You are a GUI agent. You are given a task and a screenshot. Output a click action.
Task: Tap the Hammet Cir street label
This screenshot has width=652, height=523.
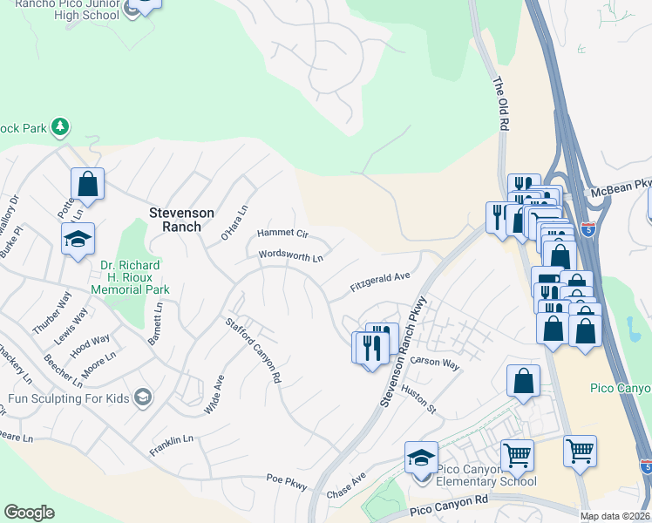tap(282, 234)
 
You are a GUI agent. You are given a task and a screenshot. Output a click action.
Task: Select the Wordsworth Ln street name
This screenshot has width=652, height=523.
tap(290, 256)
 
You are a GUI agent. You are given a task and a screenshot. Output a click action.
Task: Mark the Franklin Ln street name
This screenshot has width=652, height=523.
tap(171, 441)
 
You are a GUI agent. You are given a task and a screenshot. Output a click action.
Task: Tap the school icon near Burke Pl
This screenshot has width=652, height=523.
tap(78, 239)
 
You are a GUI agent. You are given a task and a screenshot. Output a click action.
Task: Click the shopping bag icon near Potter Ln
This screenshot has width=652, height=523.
tap(87, 183)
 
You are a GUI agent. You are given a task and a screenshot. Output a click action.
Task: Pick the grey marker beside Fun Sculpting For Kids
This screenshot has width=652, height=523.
tap(142, 397)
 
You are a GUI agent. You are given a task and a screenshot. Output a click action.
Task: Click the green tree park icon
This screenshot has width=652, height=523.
tap(60, 127)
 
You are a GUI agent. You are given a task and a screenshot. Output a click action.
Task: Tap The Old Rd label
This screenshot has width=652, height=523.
tap(500, 104)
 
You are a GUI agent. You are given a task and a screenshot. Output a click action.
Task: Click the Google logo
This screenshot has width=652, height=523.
tap(30, 513)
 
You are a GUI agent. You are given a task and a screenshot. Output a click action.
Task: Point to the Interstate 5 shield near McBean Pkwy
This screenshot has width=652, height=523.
tap(589, 230)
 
